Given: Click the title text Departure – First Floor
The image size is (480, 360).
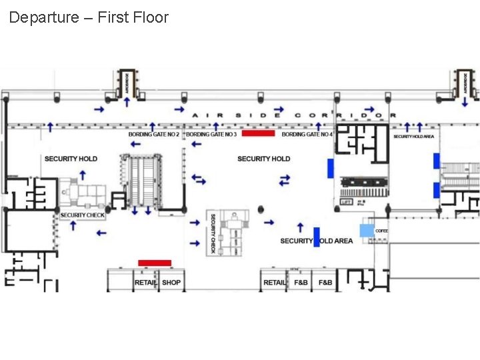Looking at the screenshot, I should tap(89, 17).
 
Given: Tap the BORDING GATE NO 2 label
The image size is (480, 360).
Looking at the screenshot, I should tap(154, 135).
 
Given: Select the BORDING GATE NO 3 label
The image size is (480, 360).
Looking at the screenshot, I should tap(211, 135).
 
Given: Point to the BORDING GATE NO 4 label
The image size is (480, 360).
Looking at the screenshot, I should tap(307, 135).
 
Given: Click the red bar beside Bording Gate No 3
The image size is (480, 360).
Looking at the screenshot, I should tap(258, 133).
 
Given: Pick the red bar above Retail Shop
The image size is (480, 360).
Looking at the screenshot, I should tap(155, 263).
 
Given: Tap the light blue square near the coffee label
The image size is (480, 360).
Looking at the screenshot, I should tap(367, 231).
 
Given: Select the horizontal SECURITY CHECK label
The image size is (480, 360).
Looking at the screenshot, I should tap(83, 215).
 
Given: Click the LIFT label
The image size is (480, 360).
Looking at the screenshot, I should tap(346, 201).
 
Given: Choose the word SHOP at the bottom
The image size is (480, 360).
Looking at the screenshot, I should tap(171, 283).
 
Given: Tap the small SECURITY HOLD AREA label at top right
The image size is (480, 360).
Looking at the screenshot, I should tap(413, 137).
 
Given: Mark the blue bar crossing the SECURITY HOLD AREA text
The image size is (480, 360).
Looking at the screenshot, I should tap(317, 237).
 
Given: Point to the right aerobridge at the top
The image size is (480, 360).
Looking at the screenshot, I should tap(465, 83).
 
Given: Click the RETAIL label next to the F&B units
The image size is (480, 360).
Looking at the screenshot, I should tap(275, 283).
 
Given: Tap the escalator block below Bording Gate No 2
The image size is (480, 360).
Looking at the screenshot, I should tap(141, 180).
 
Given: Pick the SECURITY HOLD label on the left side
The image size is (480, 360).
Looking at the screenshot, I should tap(71, 159).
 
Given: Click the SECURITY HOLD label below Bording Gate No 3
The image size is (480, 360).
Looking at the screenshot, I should tap(263, 159).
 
